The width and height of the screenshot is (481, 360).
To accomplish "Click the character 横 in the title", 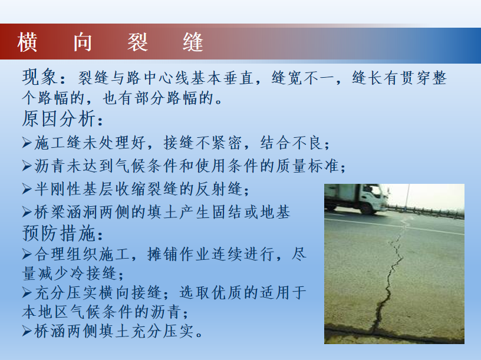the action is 27,42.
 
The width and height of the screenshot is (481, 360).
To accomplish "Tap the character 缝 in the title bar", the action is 193,42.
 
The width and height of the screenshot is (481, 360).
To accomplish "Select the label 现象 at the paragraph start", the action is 39,77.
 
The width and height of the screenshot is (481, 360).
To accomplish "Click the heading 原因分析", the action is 59,118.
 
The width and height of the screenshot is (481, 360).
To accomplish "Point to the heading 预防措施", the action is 59,233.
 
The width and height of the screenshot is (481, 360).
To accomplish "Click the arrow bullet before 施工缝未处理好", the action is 27,143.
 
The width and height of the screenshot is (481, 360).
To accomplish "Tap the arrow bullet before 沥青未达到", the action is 27,166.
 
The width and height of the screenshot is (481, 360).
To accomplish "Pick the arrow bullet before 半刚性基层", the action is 27,189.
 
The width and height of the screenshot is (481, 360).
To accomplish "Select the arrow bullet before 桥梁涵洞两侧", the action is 27,212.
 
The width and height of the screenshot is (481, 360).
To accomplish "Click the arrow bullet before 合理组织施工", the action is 27,254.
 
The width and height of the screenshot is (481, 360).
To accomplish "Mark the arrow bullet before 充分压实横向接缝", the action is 27,293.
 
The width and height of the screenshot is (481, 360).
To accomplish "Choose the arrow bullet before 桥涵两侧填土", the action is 27,331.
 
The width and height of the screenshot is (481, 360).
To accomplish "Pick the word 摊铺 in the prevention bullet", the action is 163,254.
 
